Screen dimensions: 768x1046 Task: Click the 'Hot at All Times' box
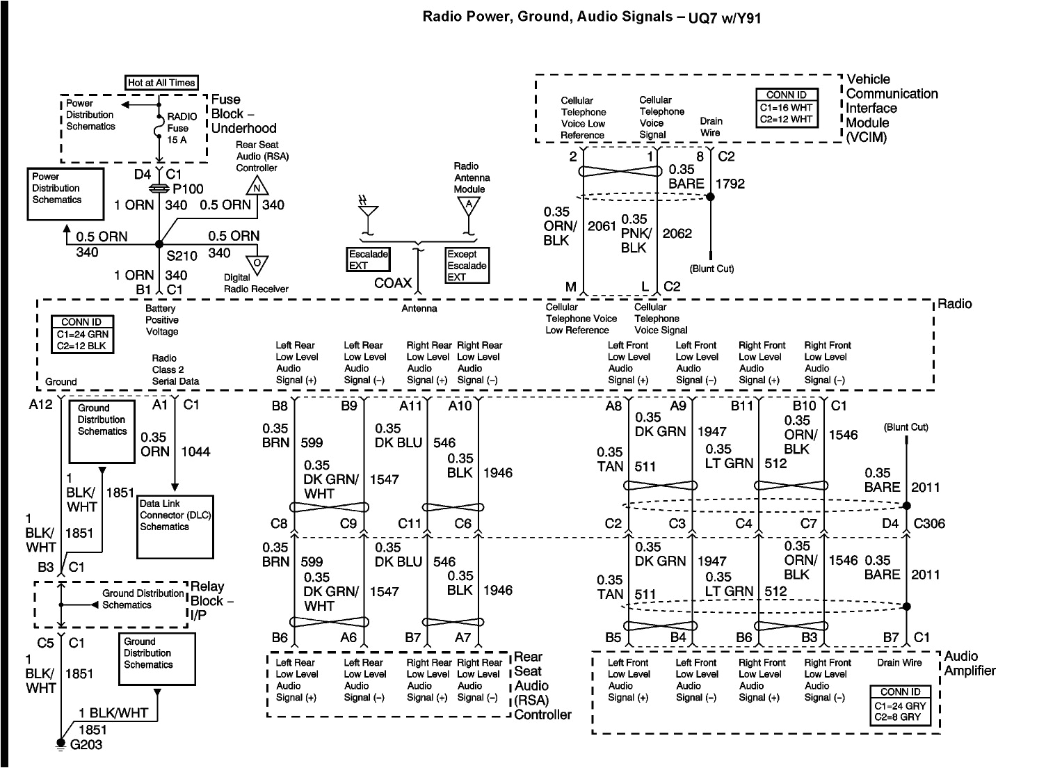click(x=161, y=82)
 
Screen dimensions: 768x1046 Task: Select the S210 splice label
click(x=182, y=255)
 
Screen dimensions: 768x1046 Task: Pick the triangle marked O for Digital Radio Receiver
click(x=258, y=263)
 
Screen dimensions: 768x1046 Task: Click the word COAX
click(x=393, y=283)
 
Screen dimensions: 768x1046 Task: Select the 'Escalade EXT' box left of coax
click(x=368, y=259)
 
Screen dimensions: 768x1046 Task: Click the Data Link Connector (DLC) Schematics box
click(x=175, y=527)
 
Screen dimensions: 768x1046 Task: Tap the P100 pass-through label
click(x=188, y=189)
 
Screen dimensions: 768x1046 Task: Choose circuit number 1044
click(x=195, y=451)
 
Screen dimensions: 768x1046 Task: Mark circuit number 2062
click(x=677, y=233)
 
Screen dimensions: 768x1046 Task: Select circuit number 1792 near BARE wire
click(x=730, y=184)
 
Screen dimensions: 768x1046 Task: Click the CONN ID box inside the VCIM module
click(x=787, y=107)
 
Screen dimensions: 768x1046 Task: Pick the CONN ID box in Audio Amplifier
click(x=900, y=703)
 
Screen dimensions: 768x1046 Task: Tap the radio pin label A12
click(x=41, y=404)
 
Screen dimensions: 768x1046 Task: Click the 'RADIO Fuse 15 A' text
click(x=182, y=128)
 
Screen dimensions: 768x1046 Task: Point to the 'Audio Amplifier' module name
click(x=969, y=663)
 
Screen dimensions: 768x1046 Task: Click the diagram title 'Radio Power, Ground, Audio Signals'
click(x=547, y=16)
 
